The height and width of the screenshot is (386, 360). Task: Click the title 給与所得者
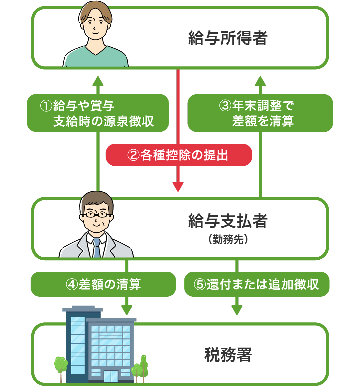point(228,38)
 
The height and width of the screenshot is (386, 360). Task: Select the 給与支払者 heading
point(228,221)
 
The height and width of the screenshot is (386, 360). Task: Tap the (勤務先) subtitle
point(228,239)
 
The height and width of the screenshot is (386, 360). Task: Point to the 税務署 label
point(228,355)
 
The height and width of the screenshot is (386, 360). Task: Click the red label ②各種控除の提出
point(179,155)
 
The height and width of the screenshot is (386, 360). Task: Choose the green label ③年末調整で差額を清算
point(260,113)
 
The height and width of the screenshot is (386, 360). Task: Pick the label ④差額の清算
point(103,284)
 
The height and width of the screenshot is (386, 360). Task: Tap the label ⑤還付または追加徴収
point(257,284)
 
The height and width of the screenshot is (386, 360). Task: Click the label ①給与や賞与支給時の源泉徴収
point(98,113)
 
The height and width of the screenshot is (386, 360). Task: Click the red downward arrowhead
point(178,187)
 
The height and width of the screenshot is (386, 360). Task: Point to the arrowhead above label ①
point(98,81)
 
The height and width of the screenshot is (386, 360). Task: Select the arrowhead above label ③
point(260,81)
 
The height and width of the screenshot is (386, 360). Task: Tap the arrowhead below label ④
point(127,310)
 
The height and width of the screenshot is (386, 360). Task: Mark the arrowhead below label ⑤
point(237,310)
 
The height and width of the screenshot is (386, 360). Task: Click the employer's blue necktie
point(97,248)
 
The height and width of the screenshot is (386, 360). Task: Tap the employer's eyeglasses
point(96,214)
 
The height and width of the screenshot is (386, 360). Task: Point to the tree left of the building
point(61,365)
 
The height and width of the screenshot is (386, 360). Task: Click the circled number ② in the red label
point(133,155)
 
